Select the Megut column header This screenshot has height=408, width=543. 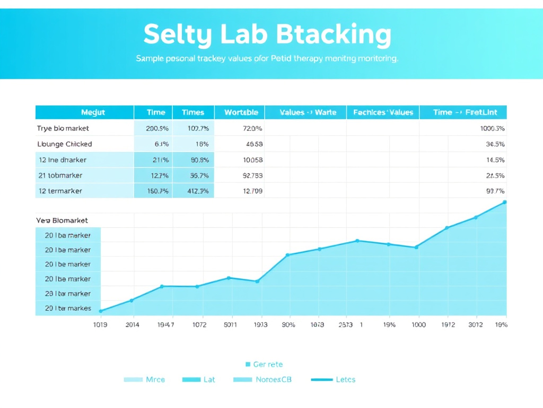(93, 112)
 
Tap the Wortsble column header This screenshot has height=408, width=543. (241, 112)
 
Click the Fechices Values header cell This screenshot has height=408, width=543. (383, 112)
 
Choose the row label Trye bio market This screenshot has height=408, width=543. (63, 128)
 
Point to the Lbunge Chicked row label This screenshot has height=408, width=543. (64, 144)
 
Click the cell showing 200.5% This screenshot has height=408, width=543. (157, 128)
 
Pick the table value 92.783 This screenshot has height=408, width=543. (252, 175)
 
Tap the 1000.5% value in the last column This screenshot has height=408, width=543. (492, 128)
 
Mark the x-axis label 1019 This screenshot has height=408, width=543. (100, 325)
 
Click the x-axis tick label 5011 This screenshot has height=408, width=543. (230, 325)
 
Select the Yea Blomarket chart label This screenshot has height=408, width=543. (62, 220)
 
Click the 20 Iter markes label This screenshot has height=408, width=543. (68, 308)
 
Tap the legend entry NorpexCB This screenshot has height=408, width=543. (273, 379)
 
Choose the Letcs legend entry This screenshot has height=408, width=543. (345, 379)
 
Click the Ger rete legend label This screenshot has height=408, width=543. (268, 364)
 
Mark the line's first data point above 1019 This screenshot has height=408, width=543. (100, 311)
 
